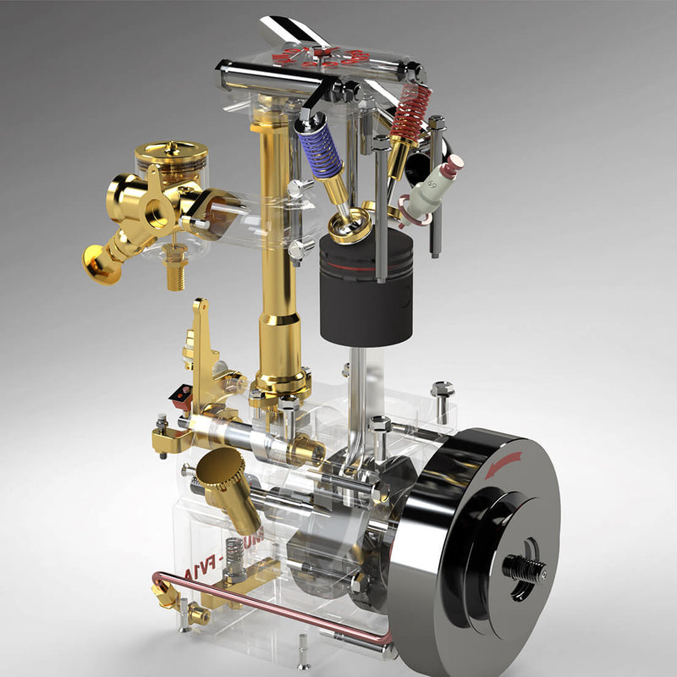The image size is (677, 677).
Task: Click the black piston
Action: point(366,292)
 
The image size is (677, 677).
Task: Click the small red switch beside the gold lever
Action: point(181,394)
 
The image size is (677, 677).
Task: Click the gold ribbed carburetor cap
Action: point(171,157)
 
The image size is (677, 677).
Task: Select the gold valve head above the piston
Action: point(349,226)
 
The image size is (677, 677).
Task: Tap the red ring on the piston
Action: point(366,264)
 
